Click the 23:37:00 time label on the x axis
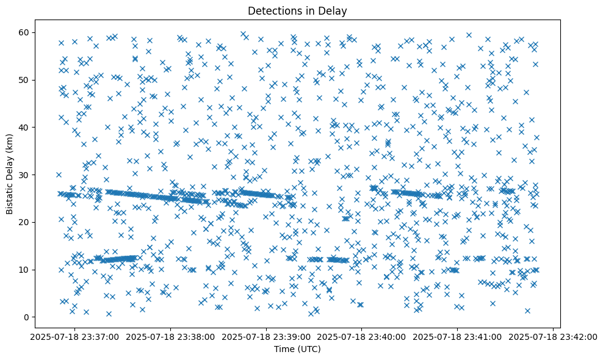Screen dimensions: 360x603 (x=74, y=336)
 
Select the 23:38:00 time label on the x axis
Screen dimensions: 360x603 (x=170, y=336)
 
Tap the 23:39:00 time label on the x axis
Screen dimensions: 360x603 (x=265, y=336)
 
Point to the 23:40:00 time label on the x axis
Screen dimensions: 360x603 (x=361, y=336)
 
